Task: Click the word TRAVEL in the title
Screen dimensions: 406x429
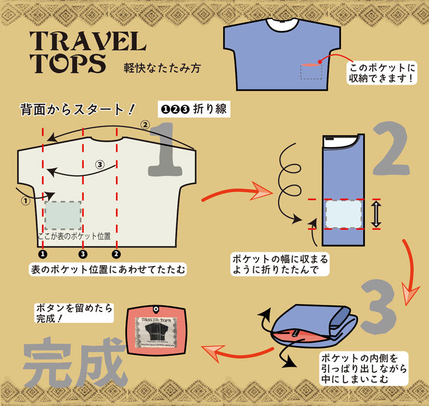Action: click(88, 41)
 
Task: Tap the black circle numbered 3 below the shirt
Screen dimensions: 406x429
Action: click(83, 253)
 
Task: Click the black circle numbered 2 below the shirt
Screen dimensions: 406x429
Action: click(116, 253)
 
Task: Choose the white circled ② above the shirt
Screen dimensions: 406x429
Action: click(145, 124)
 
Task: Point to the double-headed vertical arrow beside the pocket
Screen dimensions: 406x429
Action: click(376, 214)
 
